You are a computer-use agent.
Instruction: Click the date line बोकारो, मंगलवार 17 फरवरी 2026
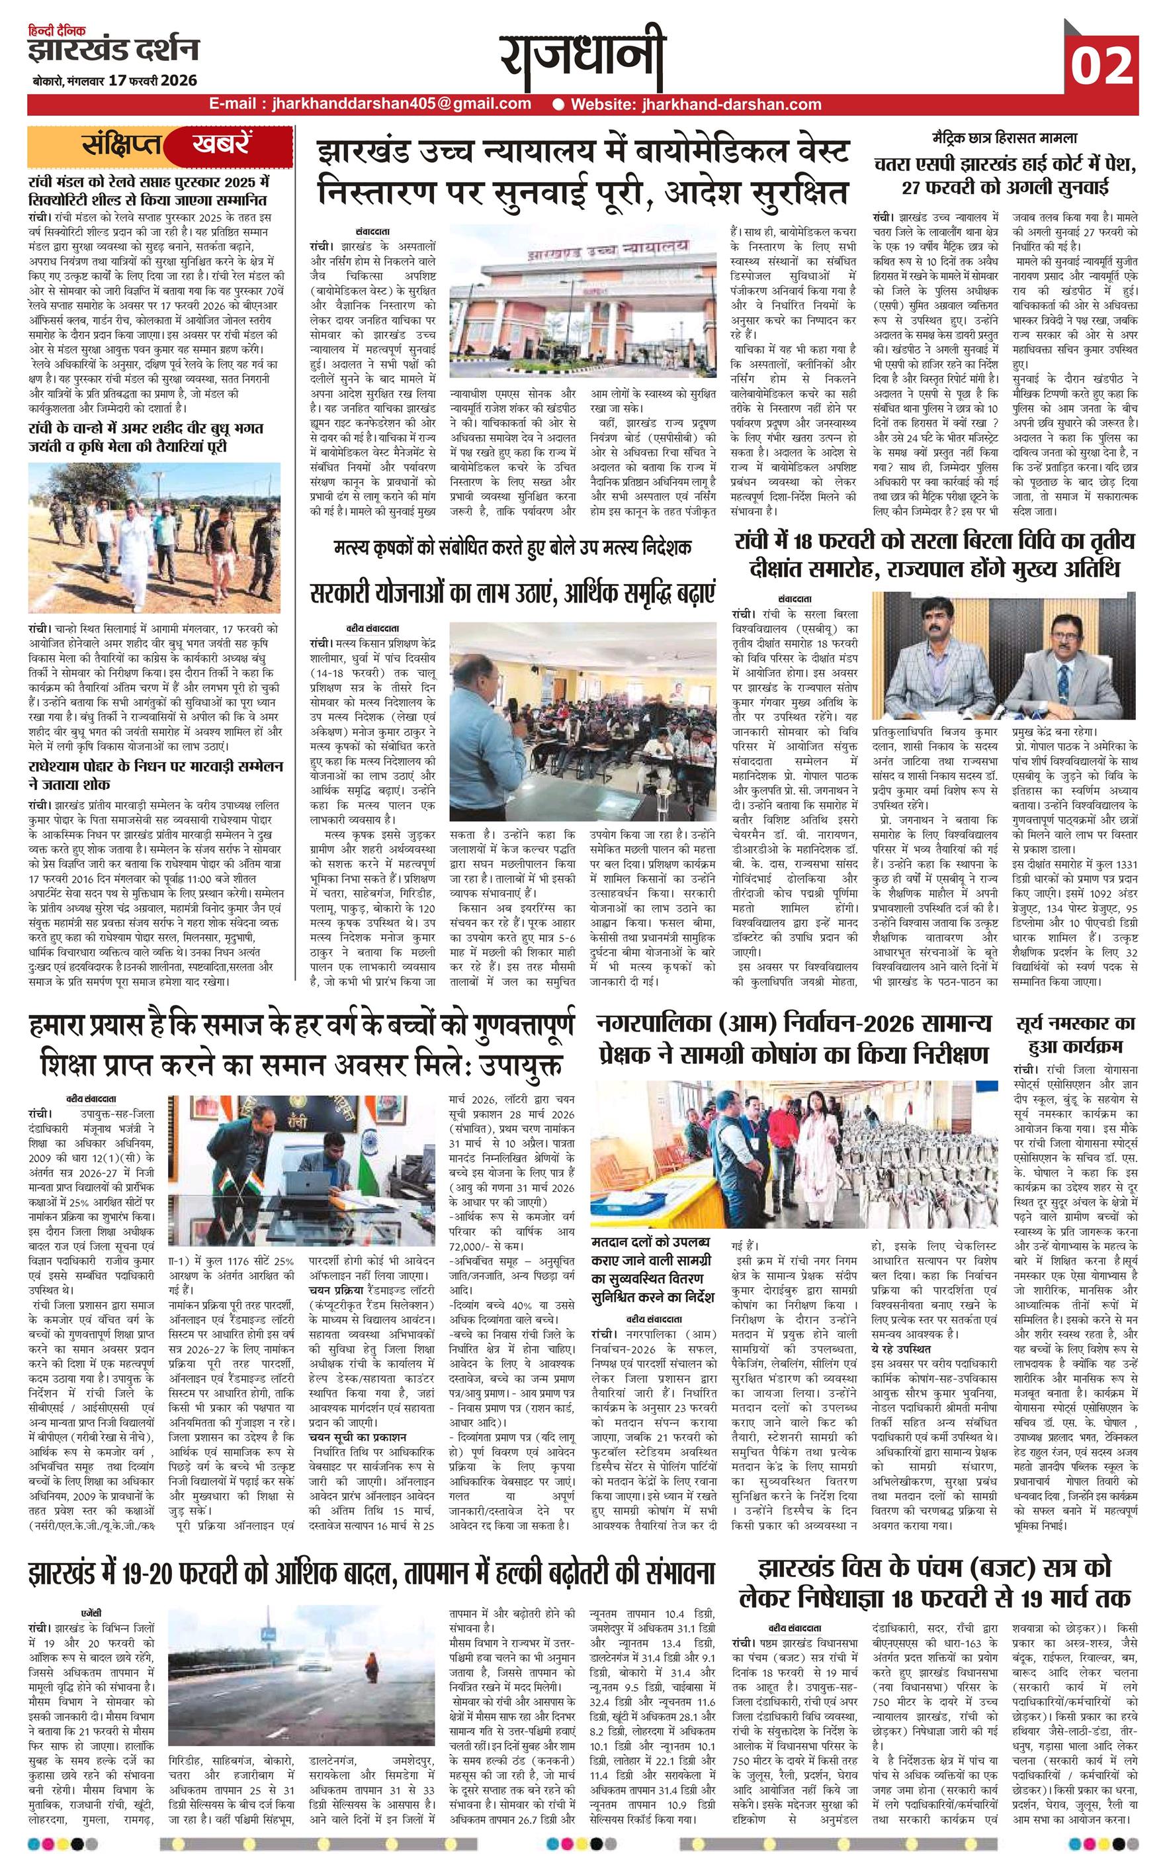click(x=114, y=80)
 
